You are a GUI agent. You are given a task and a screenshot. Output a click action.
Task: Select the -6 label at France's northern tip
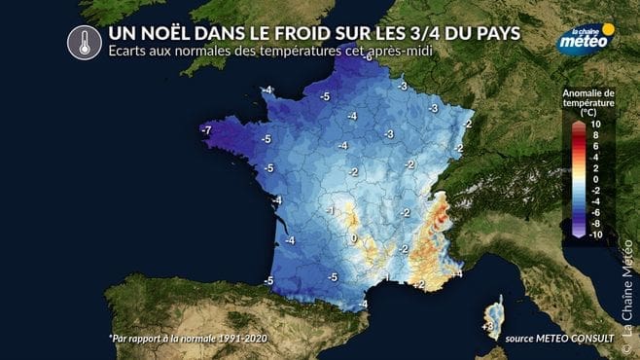point(367,58)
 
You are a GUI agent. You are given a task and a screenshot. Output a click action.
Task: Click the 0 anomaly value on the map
point(354,236)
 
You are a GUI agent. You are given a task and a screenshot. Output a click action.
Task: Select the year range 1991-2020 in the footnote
point(235,339)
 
